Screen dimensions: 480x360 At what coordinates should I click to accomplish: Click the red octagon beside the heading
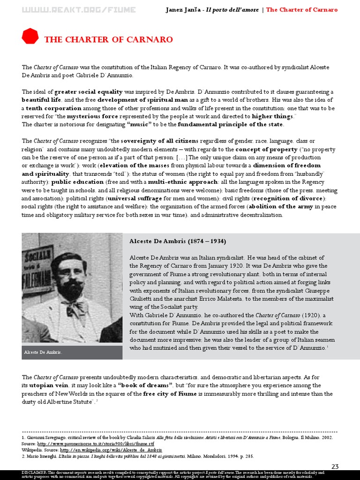[x=30, y=36]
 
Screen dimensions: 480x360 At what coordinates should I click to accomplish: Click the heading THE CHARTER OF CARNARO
[x=108, y=40]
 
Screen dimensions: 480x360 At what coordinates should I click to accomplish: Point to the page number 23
[x=335, y=466]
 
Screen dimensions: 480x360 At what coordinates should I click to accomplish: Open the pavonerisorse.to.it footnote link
[x=95, y=442]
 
